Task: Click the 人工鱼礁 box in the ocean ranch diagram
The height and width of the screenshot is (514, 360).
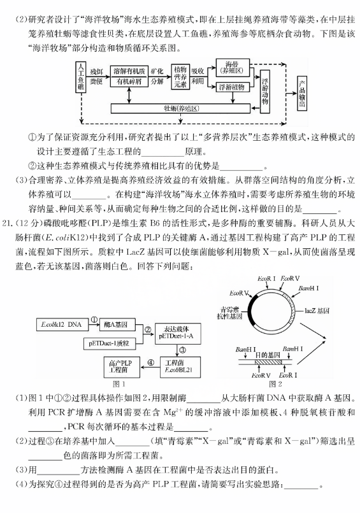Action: point(80,76)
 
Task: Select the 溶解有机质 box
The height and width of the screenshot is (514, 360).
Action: point(129,71)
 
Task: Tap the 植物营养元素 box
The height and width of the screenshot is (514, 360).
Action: point(180,76)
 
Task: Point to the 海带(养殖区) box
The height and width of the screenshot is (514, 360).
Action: point(233,68)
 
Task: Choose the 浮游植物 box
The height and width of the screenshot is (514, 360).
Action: point(233,87)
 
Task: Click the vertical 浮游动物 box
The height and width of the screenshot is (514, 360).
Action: point(265,92)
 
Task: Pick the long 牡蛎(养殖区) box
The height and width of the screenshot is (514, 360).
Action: point(180,108)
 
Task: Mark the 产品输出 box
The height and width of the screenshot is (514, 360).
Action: point(302,93)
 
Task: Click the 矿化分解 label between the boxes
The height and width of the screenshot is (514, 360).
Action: point(157,76)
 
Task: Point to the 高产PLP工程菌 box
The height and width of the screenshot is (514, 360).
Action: point(122,367)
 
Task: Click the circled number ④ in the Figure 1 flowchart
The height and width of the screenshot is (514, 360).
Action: point(150,362)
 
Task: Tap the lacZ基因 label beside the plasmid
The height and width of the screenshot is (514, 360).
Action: point(317,310)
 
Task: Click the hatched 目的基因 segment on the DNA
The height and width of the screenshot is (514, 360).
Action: point(268,362)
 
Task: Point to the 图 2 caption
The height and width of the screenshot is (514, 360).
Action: point(275,384)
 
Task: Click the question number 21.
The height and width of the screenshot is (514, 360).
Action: point(8,224)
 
